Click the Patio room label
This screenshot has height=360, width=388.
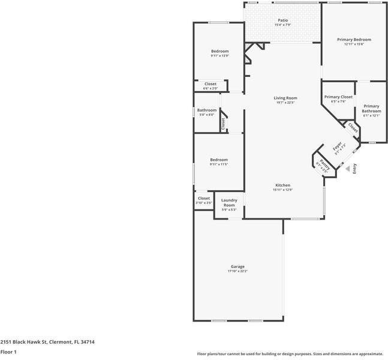282,20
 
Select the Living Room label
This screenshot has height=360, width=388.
285,98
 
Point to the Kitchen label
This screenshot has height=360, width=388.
282,185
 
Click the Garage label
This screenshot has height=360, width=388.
237,266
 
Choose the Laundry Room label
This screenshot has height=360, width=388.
229,202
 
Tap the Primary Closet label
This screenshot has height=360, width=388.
338,97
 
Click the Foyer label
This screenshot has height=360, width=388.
338,146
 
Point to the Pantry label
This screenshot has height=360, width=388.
324,162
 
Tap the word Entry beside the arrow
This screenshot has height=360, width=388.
354,169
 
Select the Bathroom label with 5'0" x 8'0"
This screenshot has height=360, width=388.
207,110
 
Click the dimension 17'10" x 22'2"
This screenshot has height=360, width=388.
237,271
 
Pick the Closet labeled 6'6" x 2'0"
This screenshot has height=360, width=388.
210,84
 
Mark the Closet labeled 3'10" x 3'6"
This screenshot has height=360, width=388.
204,198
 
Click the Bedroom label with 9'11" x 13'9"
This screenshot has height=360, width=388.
219,51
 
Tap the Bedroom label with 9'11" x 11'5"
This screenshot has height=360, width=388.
219,160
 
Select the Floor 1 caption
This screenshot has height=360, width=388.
8,352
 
